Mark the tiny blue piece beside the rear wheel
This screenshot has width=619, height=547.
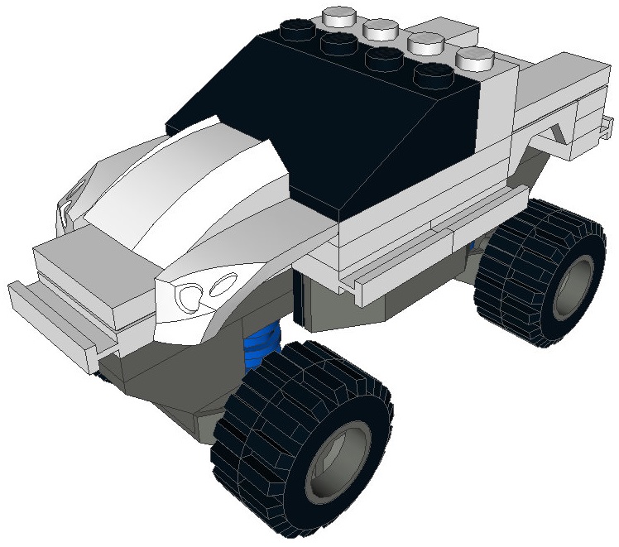[x=472, y=247]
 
